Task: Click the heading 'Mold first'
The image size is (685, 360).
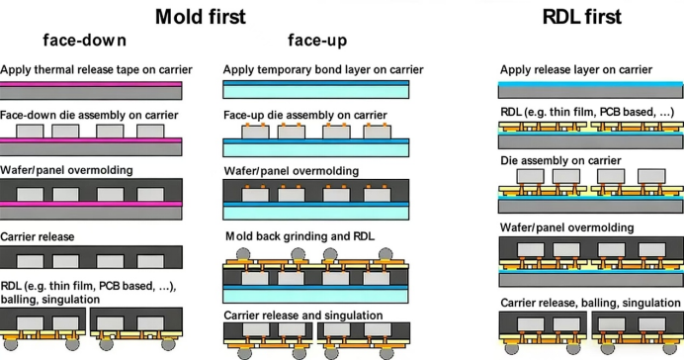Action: click(x=201, y=16)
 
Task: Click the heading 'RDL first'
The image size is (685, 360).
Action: click(x=583, y=16)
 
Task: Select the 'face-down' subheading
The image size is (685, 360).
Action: click(x=84, y=41)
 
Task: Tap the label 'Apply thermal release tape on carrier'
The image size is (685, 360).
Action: click(x=96, y=69)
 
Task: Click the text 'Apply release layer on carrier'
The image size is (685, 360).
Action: click(x=575, y=69)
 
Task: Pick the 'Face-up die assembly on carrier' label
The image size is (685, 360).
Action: click(x=305, y=115)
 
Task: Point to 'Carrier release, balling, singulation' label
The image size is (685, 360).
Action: click(x=591, y=302)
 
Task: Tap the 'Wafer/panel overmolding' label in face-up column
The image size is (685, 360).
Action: click(x=294, y=170)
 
